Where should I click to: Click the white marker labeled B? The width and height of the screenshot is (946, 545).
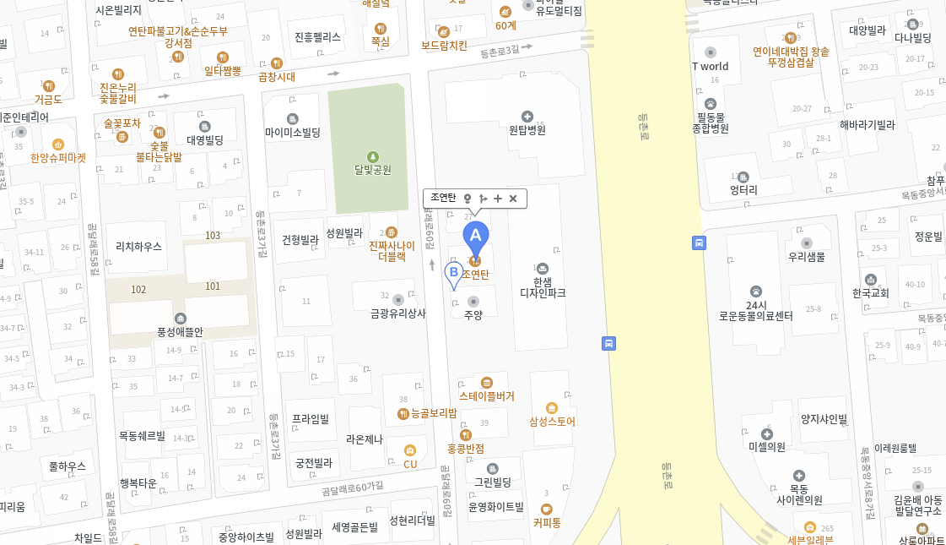tap(453, 273)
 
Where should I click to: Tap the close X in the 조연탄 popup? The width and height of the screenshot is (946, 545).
tap(512, 199)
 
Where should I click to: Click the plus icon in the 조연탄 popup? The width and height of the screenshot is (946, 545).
tap(498, 199)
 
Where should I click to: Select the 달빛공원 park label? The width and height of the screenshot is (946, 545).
tap(373, 168)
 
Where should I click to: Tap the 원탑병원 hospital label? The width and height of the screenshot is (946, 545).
tap(527, 130)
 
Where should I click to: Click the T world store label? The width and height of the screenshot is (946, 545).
tap(710, 66)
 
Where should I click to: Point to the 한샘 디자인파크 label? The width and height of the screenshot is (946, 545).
tap(543, 287)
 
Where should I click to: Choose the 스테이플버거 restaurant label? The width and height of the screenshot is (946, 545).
tap(486, 395)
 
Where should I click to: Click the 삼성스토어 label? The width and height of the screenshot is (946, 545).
tap(552, 421)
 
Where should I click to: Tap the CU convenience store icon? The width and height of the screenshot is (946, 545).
tap(410, 451)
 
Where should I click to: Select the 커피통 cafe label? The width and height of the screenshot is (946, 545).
tap(547, 522)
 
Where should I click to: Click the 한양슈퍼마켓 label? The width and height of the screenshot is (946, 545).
tap(58, 157)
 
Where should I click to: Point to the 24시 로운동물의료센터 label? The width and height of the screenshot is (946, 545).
tap(755, 310)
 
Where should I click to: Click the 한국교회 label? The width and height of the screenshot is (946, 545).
tap(870, 293)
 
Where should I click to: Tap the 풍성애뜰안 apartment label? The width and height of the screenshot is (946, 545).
tap(180, 332)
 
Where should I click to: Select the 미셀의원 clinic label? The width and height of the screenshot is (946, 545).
tap(766, 446)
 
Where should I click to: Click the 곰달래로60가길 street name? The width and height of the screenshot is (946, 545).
tap(353, 488)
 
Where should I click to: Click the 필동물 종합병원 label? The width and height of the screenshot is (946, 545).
tap(710, 123)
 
